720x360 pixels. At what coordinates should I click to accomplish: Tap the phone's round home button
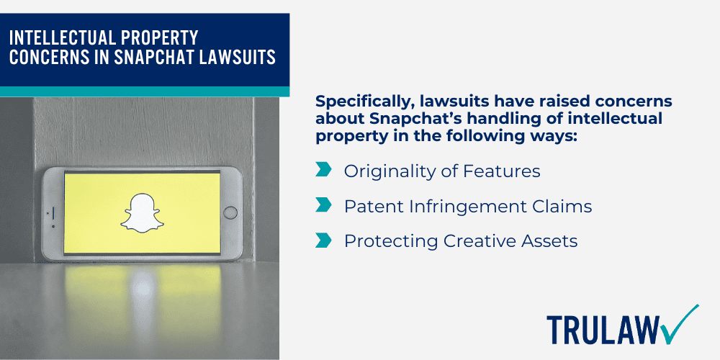230,212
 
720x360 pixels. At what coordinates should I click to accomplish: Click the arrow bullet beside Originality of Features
323,171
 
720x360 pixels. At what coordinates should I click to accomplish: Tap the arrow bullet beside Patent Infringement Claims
323,206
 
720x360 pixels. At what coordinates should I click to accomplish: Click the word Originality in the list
382,171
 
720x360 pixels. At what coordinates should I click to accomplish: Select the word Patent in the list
369,207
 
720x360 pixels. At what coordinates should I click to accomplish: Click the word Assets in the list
552,241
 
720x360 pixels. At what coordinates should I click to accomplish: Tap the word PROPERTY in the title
161,37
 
